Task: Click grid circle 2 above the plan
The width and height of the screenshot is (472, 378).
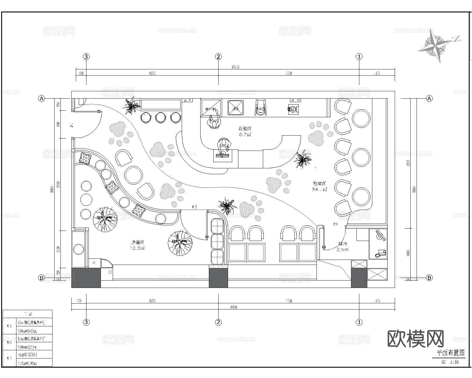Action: [x=218, y=57]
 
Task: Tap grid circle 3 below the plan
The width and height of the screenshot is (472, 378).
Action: [x=86, y=322]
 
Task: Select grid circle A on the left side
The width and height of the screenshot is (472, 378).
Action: [x=42, y=99]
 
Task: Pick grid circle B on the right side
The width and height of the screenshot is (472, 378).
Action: [x=430, y=278]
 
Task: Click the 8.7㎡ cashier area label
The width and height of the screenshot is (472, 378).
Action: [x=245, y=132]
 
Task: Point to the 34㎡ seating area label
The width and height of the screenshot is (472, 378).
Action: [x=319, y=186]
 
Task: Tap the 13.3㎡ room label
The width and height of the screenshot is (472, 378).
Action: [x=138, y=245]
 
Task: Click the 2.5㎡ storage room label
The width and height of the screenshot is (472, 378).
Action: [x=342, y=247]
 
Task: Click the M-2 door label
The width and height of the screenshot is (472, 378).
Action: [x=194, y=207]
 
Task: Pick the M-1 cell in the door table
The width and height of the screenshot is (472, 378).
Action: [x=9, y=326]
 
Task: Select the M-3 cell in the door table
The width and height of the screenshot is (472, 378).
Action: [x=9, y=358]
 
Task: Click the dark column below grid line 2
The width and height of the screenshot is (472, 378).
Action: [x=218, y=278]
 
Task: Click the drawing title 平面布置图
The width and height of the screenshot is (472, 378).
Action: [x=450, y=353]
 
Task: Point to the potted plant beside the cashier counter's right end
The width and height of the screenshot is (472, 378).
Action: [x=303, y=159]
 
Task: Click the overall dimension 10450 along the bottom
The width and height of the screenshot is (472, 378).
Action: [x=233, y=307]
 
